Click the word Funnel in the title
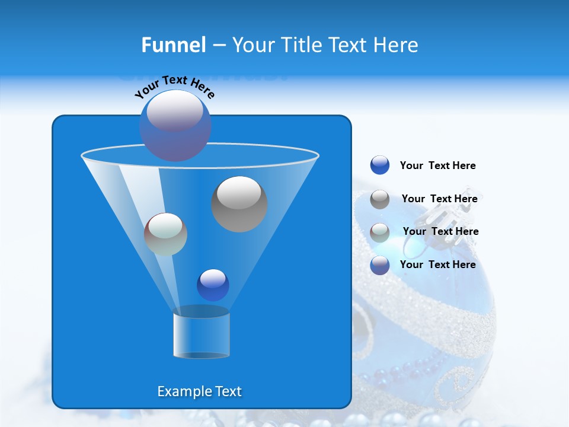click(173, 45)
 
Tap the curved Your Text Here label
click(174, 86)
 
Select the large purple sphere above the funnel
click(175, 125)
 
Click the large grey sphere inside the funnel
click(239, 203)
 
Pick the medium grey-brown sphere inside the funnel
click(165, 234)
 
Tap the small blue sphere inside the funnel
click(213, 285)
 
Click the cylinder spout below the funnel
click(202, 333)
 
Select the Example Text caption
click(199, 391)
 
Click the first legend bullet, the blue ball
click(380, 165)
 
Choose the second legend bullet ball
click(380, 199)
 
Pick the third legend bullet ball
click(380, 232)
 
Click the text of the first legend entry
click(437, 165)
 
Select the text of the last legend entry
click(437, 265)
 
